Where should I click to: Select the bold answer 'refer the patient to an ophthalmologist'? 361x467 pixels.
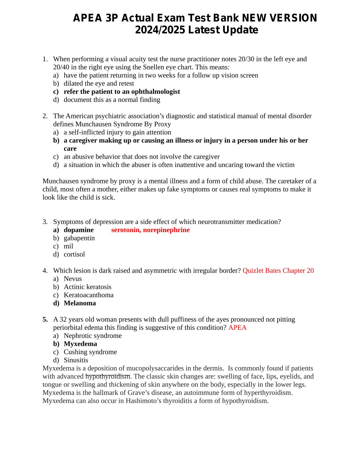[x=122, y=91]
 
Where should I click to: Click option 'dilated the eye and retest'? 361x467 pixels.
[x=99, y=83]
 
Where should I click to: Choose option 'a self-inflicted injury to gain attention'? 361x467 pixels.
[x=117, y=132]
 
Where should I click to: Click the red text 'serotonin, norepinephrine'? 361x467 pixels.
[x=150, y=230]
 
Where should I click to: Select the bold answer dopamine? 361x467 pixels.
[x=78, y=230]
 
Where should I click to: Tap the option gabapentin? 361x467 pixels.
[x=79, y=238]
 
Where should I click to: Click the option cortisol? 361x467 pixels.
[x=74, y=254]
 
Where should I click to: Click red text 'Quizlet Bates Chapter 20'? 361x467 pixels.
[x=278, y=271]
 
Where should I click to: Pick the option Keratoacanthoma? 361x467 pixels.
[x=88, y=295]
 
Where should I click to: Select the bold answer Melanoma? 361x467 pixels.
[x=80, y=303]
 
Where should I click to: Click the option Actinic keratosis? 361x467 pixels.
[x=87, y=287]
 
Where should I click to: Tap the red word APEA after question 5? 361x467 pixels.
[x=237, y=327]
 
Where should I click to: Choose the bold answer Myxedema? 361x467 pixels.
[x=80, y=344]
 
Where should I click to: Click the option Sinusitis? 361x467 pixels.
[x=76, y=360]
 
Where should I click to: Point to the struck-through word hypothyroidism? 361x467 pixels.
[x=108, y=376]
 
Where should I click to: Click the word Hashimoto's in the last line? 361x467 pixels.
[x=142, y=401]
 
